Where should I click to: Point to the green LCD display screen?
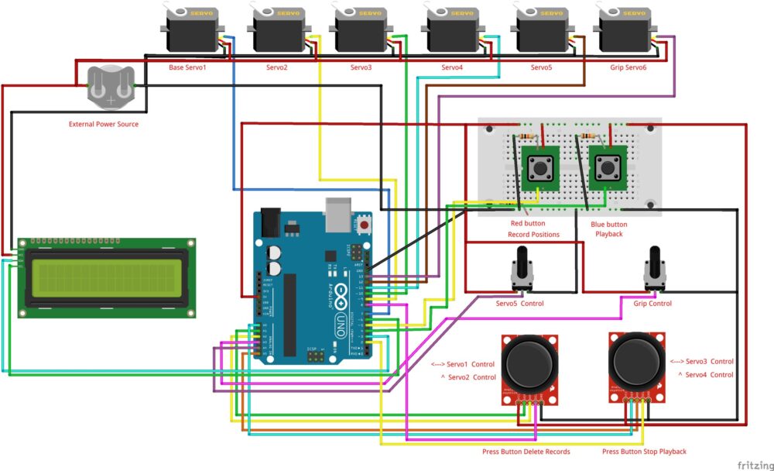(x=107, y=277)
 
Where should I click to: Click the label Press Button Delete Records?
(x=526, y=452)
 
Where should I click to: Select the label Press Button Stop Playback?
(x=644, y=452)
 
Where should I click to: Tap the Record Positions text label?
(x=533, y=234)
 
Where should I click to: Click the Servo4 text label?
(x=452, y=67)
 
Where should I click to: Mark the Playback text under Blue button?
(x=609, y=234)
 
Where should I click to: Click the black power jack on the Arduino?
(x=270, y=222)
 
